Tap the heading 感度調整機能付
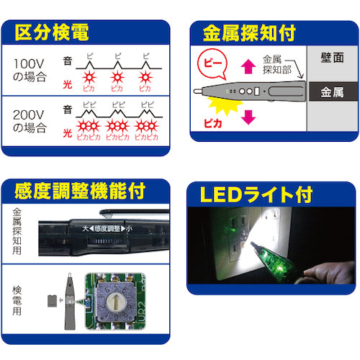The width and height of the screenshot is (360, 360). (x=80, y=192)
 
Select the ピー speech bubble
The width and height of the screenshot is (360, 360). (x=210, y=64)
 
